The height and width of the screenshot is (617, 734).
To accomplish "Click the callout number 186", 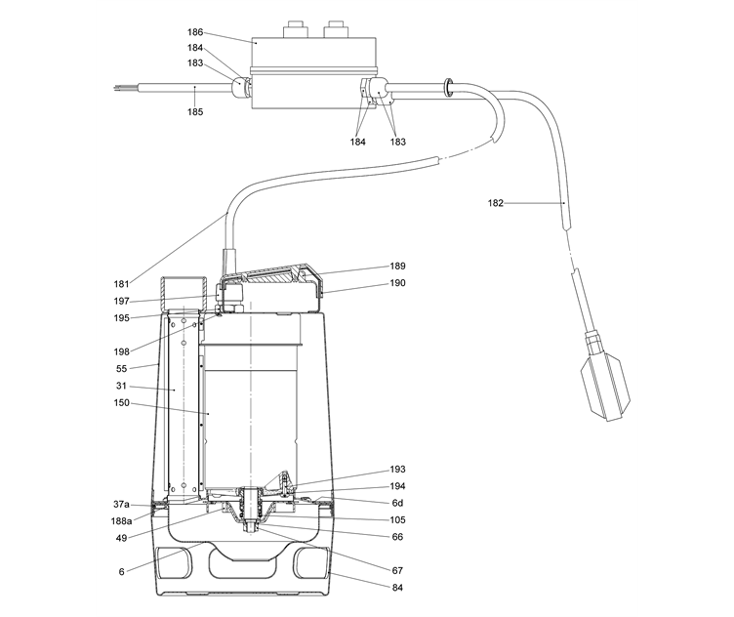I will point(196,32).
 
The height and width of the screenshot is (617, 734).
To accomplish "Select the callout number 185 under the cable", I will point(196,111).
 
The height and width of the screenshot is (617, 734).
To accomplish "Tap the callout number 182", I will point(497,203).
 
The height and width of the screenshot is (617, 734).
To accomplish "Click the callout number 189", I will point(398,266).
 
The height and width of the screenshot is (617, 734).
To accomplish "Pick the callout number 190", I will point(398,283).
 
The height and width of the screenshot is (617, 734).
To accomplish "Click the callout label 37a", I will point(121,505).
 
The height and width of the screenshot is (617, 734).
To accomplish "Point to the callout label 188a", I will point(121,520).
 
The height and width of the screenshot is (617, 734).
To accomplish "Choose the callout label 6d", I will point(398,503).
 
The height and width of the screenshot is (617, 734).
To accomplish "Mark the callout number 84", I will point(398,588).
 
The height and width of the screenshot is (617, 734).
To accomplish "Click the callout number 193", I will point(398,470).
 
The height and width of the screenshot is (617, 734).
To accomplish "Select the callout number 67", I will point(398,570).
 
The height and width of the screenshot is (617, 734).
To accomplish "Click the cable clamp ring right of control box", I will point(447,87).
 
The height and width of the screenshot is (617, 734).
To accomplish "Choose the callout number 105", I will point(398,519).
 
